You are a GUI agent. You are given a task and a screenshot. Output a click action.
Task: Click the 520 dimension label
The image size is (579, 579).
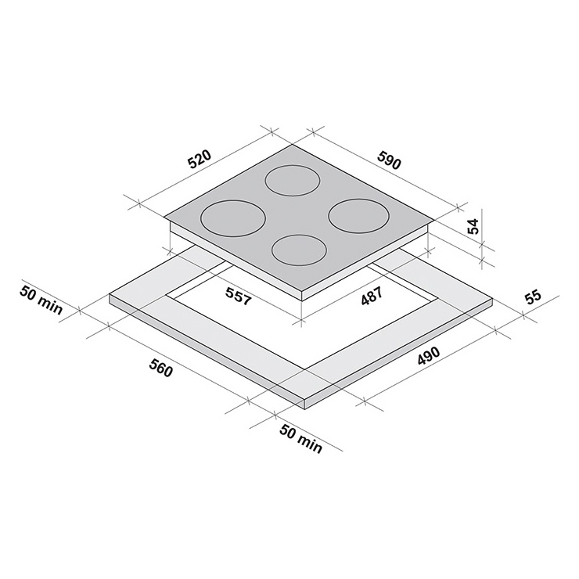pos(199,159)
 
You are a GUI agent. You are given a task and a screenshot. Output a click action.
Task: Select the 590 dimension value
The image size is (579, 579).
pos(388,160)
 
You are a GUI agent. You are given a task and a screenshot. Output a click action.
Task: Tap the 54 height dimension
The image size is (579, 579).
pos(473,226)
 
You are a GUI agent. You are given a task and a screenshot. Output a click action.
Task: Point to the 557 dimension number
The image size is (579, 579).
pos(239,296)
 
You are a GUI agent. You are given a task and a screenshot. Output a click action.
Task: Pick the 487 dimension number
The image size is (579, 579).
pos(372,296)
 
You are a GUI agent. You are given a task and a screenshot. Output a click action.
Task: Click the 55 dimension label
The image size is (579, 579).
pos(533,298)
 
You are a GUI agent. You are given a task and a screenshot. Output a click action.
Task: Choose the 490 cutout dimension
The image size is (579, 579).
pos(429,356)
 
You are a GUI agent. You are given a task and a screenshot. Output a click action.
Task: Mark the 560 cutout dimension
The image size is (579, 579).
pos(160,368)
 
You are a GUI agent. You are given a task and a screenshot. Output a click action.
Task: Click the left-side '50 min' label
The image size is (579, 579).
pos(41,300)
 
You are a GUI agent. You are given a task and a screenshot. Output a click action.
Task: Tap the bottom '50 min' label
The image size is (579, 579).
pos(301,438)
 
